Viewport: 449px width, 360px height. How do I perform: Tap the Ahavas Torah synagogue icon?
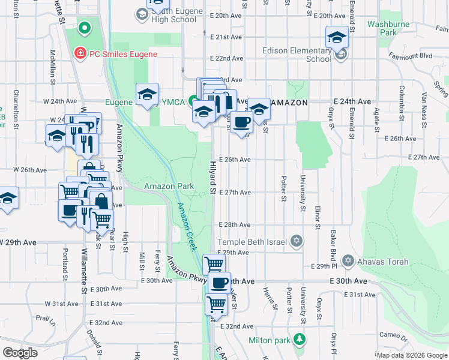(x=348, y=261)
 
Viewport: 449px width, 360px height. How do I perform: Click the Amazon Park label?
(x=169, y=186)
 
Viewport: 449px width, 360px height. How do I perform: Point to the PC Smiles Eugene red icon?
(x=79, y=54)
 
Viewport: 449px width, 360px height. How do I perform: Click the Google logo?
(x=20, y=353)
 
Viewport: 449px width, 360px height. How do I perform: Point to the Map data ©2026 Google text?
(x=412, y=355)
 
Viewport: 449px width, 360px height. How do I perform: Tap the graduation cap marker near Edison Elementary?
(x=337, y=37)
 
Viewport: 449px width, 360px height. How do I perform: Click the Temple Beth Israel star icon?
(x=295, y=241)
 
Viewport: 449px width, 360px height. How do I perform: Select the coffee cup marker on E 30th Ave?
(x=219, y=283)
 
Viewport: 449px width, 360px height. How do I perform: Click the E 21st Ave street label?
(x=226, y=37)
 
